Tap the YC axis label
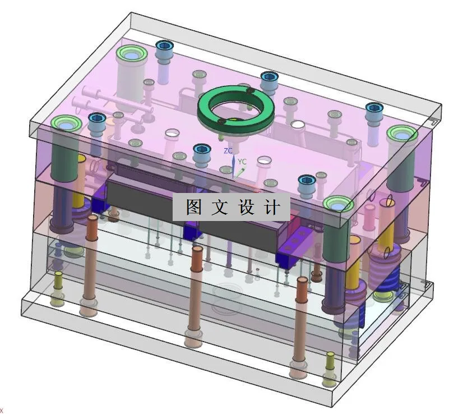[242, 162]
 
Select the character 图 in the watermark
[193, 208]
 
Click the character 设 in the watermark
[246, 208]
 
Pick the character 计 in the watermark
[272, 208]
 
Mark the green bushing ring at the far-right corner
[402, 134]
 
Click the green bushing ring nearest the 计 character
[337, 204]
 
